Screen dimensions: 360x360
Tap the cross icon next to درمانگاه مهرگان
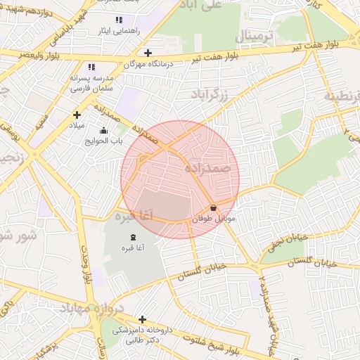coord(148,53)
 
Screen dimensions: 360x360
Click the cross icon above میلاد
coord(77,115)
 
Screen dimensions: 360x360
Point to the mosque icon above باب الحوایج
coord(104,130)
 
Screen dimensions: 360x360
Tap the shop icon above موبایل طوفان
coord(213,208)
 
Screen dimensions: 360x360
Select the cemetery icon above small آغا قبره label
coord(134,238)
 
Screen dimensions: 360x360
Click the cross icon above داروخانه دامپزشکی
coord(142,319)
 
